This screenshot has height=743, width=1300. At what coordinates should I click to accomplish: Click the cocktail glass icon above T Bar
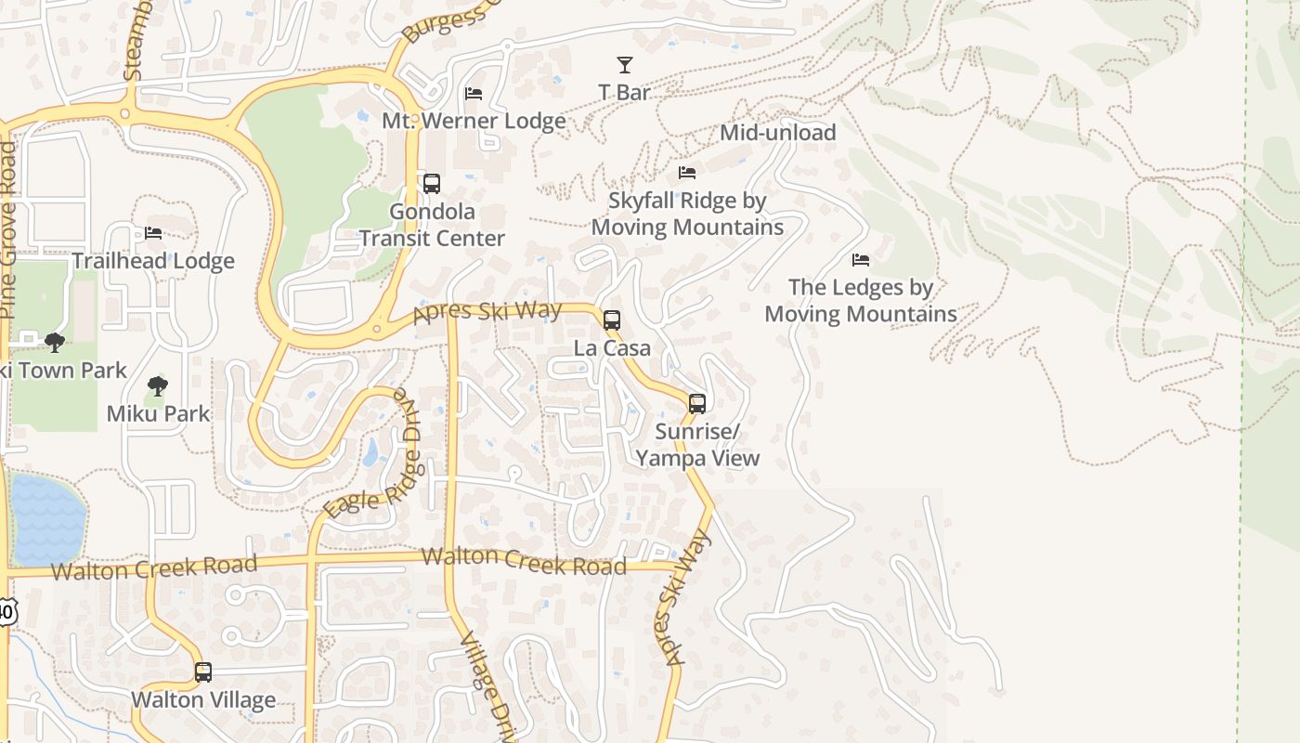[x=625, y=65]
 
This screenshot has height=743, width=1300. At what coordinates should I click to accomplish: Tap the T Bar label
[x=624, y=92]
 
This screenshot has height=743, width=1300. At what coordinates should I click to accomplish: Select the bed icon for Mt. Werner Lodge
[x=474, y=94]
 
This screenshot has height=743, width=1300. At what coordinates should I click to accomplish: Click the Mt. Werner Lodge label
[x=474, y=121]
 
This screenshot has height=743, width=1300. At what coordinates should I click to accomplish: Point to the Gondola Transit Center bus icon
[x=432, y=184]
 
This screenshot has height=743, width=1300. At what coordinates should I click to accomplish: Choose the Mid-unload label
[x=778, y=132]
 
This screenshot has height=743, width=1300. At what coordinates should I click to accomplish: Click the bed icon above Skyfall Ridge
[x=687, y=173]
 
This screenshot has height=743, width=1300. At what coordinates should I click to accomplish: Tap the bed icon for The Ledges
[x=861, y=260]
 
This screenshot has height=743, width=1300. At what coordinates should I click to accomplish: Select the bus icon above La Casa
[x=612, y=320]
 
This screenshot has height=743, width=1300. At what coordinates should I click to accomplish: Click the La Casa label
[x=612, y=348]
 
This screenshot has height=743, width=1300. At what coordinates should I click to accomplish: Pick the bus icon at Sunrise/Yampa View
[x=697, y=404]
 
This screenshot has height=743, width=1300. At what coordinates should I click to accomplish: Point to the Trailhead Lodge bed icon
[x=153, y=233]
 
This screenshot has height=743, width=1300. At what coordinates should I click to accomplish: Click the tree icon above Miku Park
[x=158, y=386]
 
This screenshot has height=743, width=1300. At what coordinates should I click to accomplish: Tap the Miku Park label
[x=159, y=413]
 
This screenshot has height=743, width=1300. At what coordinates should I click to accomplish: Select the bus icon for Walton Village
[x=203, y=672]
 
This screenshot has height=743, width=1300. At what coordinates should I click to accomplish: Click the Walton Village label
[x=203, y=699]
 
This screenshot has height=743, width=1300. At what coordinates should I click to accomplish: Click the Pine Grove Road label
[x=8, y=232]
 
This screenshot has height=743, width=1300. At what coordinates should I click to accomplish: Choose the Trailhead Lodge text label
[x=153, y=261]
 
